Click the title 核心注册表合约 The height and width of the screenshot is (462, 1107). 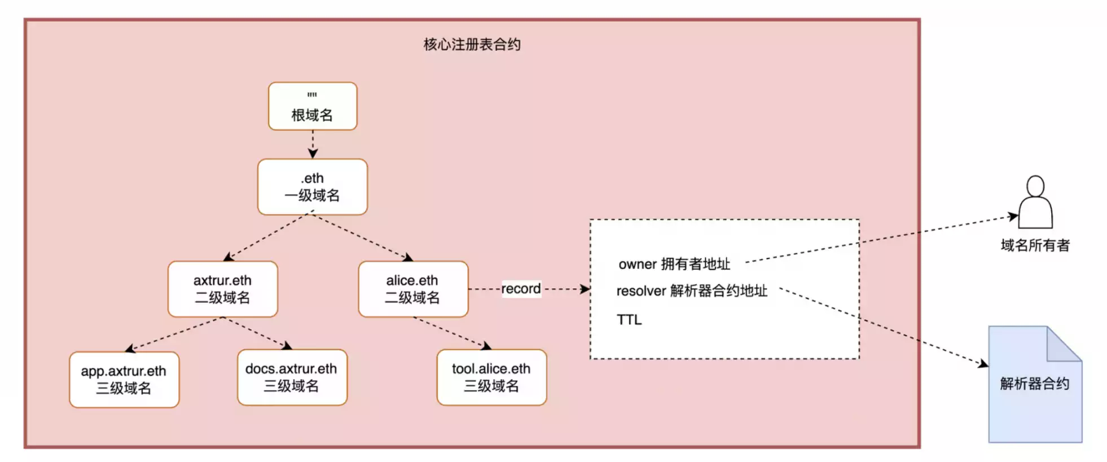coord(472,45)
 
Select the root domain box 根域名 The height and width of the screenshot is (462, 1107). coord(313,107)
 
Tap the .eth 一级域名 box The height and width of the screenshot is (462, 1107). coord(313,187)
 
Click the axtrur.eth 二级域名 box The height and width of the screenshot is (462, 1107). coord(222,289)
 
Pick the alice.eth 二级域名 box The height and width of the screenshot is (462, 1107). coord(413,289)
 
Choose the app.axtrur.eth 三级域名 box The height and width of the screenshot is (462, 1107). coord(124,380)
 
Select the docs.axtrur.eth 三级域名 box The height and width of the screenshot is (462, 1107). coord(292,377)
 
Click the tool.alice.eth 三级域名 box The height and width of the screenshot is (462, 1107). coord(491,377)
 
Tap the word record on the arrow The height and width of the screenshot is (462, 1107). coord(521,289)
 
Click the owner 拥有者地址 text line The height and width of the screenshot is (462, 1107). coord(674,264)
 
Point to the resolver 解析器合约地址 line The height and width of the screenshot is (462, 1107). coord(692,291)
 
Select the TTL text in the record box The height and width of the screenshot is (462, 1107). coord(629,320)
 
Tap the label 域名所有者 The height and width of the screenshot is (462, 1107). coord(1035,245)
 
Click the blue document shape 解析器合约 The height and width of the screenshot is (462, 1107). coord(1035,395)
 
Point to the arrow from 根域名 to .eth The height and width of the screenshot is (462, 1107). coord(313,144)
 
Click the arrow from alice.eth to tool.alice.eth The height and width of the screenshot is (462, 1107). coord(451,333)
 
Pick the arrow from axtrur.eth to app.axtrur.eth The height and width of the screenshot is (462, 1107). coord(175,334)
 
